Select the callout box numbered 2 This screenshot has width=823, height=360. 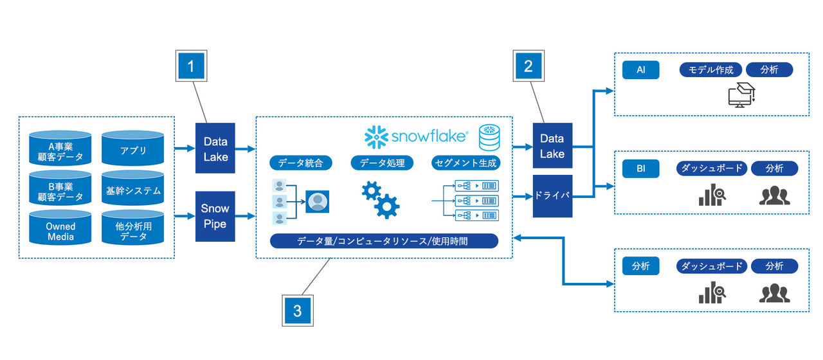pyautogui.click(x=528, y=66)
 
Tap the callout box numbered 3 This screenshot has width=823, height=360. pyautogui.click(x=297, y=311)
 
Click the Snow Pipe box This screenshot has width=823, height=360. pyautogui.click(x=215, y=217)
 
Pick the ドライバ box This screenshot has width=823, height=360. pyautogui.click(x=552, y=195)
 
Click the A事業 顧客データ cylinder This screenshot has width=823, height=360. pyautogui.click(x=60, y=150)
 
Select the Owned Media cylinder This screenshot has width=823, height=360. pyautogui.click(x=60, y=231)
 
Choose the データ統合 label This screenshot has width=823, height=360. pyautogui.click(x=300, y=163)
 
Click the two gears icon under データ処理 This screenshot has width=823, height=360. pyautogui.click(x=380, y=199)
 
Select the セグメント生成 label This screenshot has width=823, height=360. pyautogui.click(x=466, y=163)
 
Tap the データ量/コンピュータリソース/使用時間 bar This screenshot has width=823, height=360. pyautogui.click(x=384, y=241)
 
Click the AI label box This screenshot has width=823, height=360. pyautogui.click(x=640, y=70)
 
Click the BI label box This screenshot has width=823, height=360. pyautogui.click(x=640, y=169)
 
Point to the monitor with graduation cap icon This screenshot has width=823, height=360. pyautogui.click(x=740, y=94)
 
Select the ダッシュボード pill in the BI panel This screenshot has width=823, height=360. pyautogui.click(x=712, y=169)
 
